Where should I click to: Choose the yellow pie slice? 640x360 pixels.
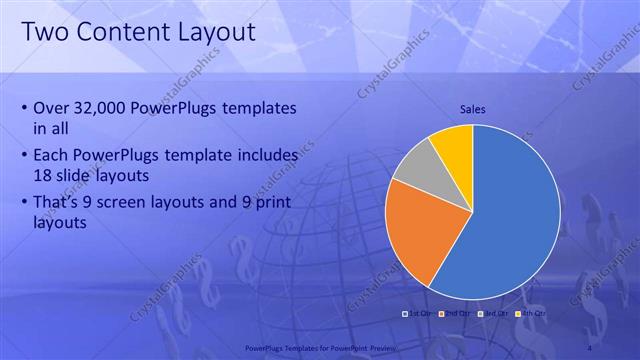point(453,144)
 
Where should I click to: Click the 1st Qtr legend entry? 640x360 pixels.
point(420,314)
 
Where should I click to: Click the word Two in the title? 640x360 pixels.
point(46,33)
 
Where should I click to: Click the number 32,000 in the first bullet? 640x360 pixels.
point(109,108)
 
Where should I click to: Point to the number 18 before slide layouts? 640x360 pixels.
point(43,175)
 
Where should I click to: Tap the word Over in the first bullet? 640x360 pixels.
point(52,108)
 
